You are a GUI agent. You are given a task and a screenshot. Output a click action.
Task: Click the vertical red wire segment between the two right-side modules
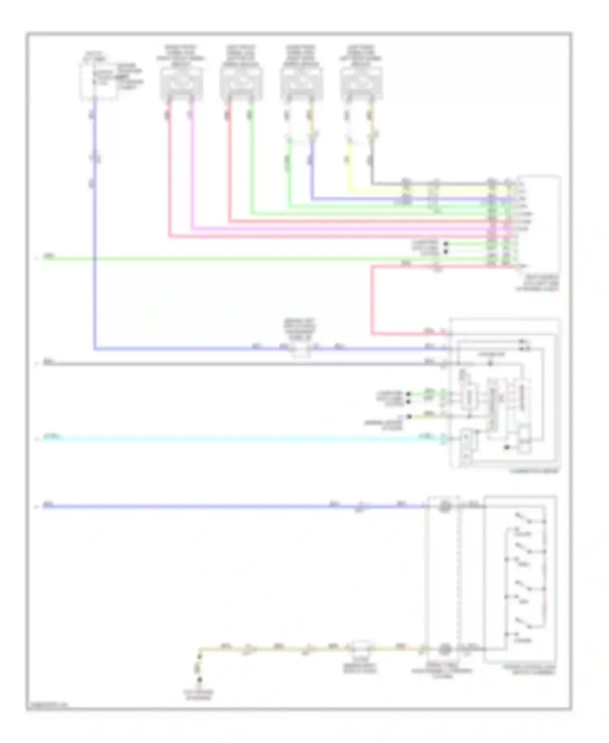point(372,301)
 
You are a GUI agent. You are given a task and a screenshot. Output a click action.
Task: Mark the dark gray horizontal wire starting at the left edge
point(244,364)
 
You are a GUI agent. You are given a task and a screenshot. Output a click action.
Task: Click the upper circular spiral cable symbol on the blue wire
point(445,507)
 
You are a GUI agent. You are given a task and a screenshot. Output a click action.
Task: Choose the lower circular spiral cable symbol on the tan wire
point(445,649)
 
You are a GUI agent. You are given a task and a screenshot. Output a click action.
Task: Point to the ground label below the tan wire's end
point(199,695)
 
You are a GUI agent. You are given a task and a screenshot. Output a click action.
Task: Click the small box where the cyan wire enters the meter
point(466,438)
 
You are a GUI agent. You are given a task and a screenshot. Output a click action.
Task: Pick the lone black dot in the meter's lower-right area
point(507,447)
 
